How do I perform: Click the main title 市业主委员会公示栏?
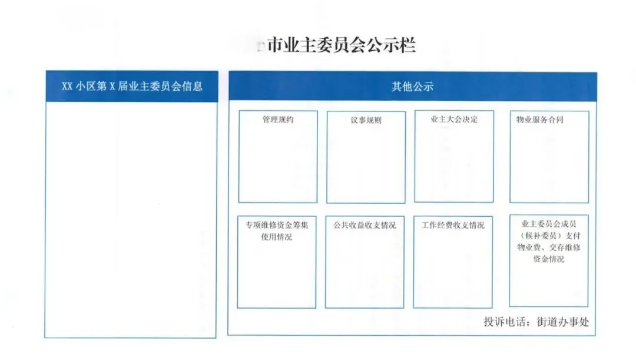tap(342, 45)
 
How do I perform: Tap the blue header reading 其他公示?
tap(412, 87)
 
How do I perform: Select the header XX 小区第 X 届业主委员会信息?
tap(132, 86)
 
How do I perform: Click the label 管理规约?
tap(278, 120)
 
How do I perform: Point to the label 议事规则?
tap(366, 120)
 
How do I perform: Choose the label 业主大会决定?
tap(454, 120)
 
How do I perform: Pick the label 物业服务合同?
tap(540, 120)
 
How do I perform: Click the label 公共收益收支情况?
tap(365, 225)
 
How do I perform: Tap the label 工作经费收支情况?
tap(453, 225)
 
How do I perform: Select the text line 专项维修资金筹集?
tap(277, 225)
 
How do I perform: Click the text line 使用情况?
tap(277, 237)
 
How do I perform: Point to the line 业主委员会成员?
tap(549, 224)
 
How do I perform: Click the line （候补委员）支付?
tap(549, 236)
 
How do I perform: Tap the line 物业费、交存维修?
tap(549, 247)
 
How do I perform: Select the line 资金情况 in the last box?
tap(549, 259)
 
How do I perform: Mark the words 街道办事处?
tap(563, 322)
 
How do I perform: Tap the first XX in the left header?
tap(67, 87)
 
